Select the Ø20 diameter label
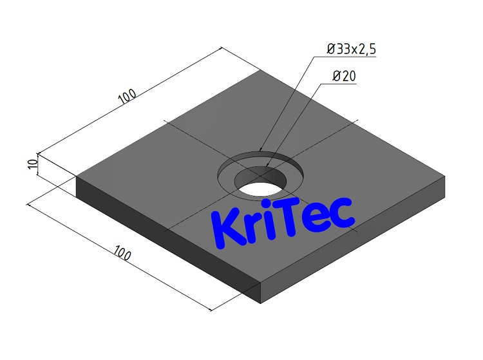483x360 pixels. point(345,77)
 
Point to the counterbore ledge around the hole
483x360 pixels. point(229,174)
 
